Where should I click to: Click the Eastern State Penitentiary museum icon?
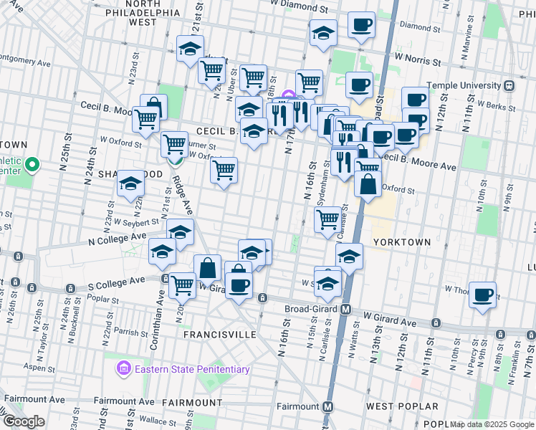click(x=124, y=370)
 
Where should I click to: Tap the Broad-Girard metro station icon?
click(x=345, y=310)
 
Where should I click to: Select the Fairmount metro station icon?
click(x=328, y=406)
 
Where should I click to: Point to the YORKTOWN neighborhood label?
click(x=401, y=242)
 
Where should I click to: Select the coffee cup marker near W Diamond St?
click(x=361, y=24)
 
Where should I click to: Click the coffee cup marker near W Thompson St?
click(x=483, y=294)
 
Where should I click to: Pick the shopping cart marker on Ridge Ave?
click(x=174, y=145)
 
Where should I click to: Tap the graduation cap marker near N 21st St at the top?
click(x=190, y=49)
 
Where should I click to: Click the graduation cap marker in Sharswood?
click(x=130, y=184)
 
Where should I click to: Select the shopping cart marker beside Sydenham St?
click(x=327, y=219)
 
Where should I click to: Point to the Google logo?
click(x=24, y=421)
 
